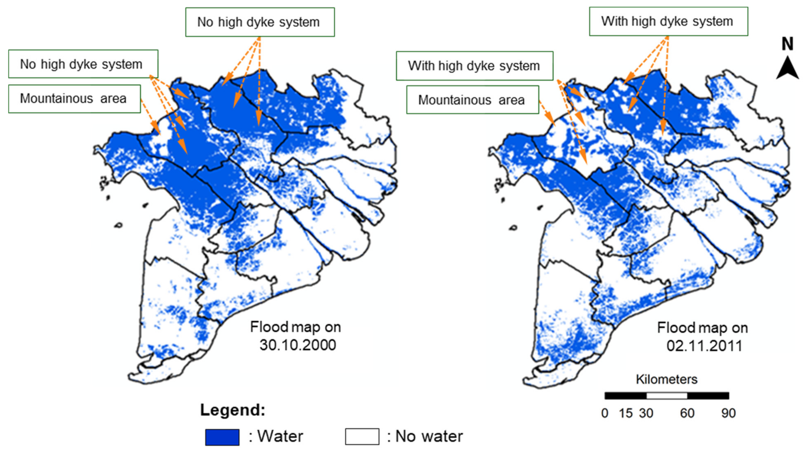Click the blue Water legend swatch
pyautogui.click(x=222, y=437)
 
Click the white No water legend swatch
pyautogui.click(x=362, y=436)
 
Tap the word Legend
pyautogui.click(x=232, y=410)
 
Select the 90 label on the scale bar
pyautogui.click(x=728, y=413)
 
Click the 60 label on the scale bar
pyautogui.click(x=687, y=413)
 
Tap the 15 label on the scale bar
pyautogui.click(x=626, y=413)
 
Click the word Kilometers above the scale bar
pyautogui.click(x=666, y=379)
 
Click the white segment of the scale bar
pyautogui.click(x=667, y=395)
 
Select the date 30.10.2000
pyautogui.click(x=297, y=345)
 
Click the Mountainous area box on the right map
pyautogui.click(x=472, y=100)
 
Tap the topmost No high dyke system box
pyautogui.click(x=260, y=22)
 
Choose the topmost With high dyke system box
pyautogui.click(x=668, y=22)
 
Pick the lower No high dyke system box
pyautogui.click(x=83, y=64)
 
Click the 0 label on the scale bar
pyautogui.click(x=604, y=413)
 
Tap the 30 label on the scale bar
pyautogui.click(x=646, y=413)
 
